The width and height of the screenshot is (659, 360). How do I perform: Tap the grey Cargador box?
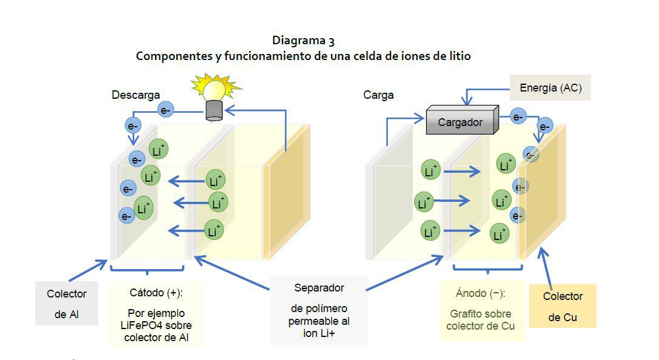click(x=461, y=121)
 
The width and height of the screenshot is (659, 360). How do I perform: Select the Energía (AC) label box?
click(x=550, y=88)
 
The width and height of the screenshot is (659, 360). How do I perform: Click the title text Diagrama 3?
click(x=303, y=41)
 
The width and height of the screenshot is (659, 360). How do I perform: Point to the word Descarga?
click(x=136, y=95)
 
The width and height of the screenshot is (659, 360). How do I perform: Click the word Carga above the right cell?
click(x=378, y=95)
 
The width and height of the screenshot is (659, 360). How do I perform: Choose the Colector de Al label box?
click(x=67, y=303)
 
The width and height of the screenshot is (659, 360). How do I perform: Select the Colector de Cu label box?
click(x=563, y=306)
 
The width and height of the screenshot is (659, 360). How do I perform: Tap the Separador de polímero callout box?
click(x=319, y=310)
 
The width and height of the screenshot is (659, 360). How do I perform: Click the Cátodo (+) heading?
click(x=156, y=293)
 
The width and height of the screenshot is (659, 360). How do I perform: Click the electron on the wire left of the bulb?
click(x=166, y=110)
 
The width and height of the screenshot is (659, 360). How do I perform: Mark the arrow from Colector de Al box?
click(x=88, y=270)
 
